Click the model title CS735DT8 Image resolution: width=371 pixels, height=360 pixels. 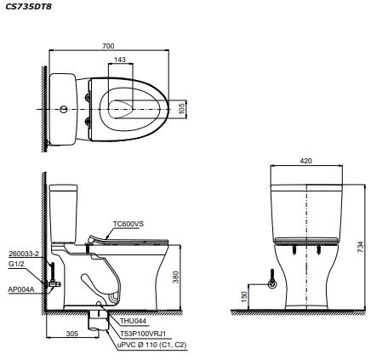point(28,6)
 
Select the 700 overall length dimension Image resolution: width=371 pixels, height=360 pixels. point(108,46)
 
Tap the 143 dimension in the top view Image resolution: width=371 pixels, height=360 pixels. point(120,60)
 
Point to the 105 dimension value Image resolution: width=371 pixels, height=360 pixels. point(182,109)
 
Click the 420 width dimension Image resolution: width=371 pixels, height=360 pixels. point(306,161)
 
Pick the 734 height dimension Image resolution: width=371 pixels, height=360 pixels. point(360,247)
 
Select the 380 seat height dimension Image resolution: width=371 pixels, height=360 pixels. point(176,277)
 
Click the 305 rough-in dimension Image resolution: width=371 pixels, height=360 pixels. point(72,334)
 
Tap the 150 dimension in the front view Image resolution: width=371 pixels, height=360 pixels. point(244,297)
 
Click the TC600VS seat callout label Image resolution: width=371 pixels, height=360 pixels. point(128,224)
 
